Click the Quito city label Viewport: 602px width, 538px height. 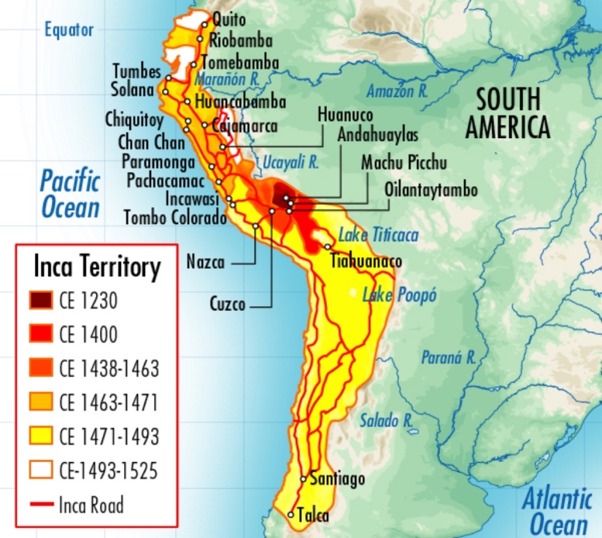point(229,20)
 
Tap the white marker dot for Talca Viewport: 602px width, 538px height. point(291,515)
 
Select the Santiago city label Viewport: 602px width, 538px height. point(337,480)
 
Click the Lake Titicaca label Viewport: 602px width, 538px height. point(378,235)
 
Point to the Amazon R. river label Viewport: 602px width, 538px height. point(397,91)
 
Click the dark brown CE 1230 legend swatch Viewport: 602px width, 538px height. point(42,300)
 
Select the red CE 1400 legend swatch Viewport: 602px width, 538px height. point(42,334)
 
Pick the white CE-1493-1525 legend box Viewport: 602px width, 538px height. point(42,470)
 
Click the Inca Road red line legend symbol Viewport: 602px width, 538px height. point(42,504)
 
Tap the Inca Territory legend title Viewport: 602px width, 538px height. point(97,267)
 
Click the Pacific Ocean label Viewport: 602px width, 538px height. point(69,193)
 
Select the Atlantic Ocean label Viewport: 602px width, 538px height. point(557,512)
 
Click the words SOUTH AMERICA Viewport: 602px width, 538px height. point(508,113)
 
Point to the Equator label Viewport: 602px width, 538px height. point(69,30)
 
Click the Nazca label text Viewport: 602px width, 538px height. point(205,262)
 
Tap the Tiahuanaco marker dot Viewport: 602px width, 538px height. point(328,247)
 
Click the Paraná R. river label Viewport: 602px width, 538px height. point(449,358)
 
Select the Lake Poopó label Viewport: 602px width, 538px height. point(399,296)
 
